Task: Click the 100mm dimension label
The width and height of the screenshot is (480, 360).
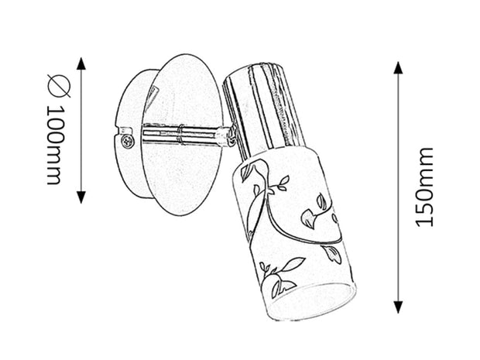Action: click(56, 145)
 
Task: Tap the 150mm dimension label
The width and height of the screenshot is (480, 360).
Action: click(424, 187)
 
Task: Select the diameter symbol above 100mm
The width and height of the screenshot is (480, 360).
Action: click(59, 85)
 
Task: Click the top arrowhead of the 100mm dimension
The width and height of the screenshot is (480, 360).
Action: click(81, 63)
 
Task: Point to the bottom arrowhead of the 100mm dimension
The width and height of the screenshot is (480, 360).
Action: click(81, 197)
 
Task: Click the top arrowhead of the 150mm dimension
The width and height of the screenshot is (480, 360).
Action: click(398, 67)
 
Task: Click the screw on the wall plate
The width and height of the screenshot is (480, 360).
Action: click(127, 141)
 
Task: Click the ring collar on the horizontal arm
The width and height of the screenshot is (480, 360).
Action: click(181, 134)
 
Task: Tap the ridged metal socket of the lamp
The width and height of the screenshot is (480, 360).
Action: click(261, 111)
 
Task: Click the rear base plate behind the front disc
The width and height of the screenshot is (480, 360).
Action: click(131, 134)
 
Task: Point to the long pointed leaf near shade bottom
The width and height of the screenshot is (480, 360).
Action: click(293, 264)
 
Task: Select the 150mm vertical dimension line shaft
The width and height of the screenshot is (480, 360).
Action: click(398, 187)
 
